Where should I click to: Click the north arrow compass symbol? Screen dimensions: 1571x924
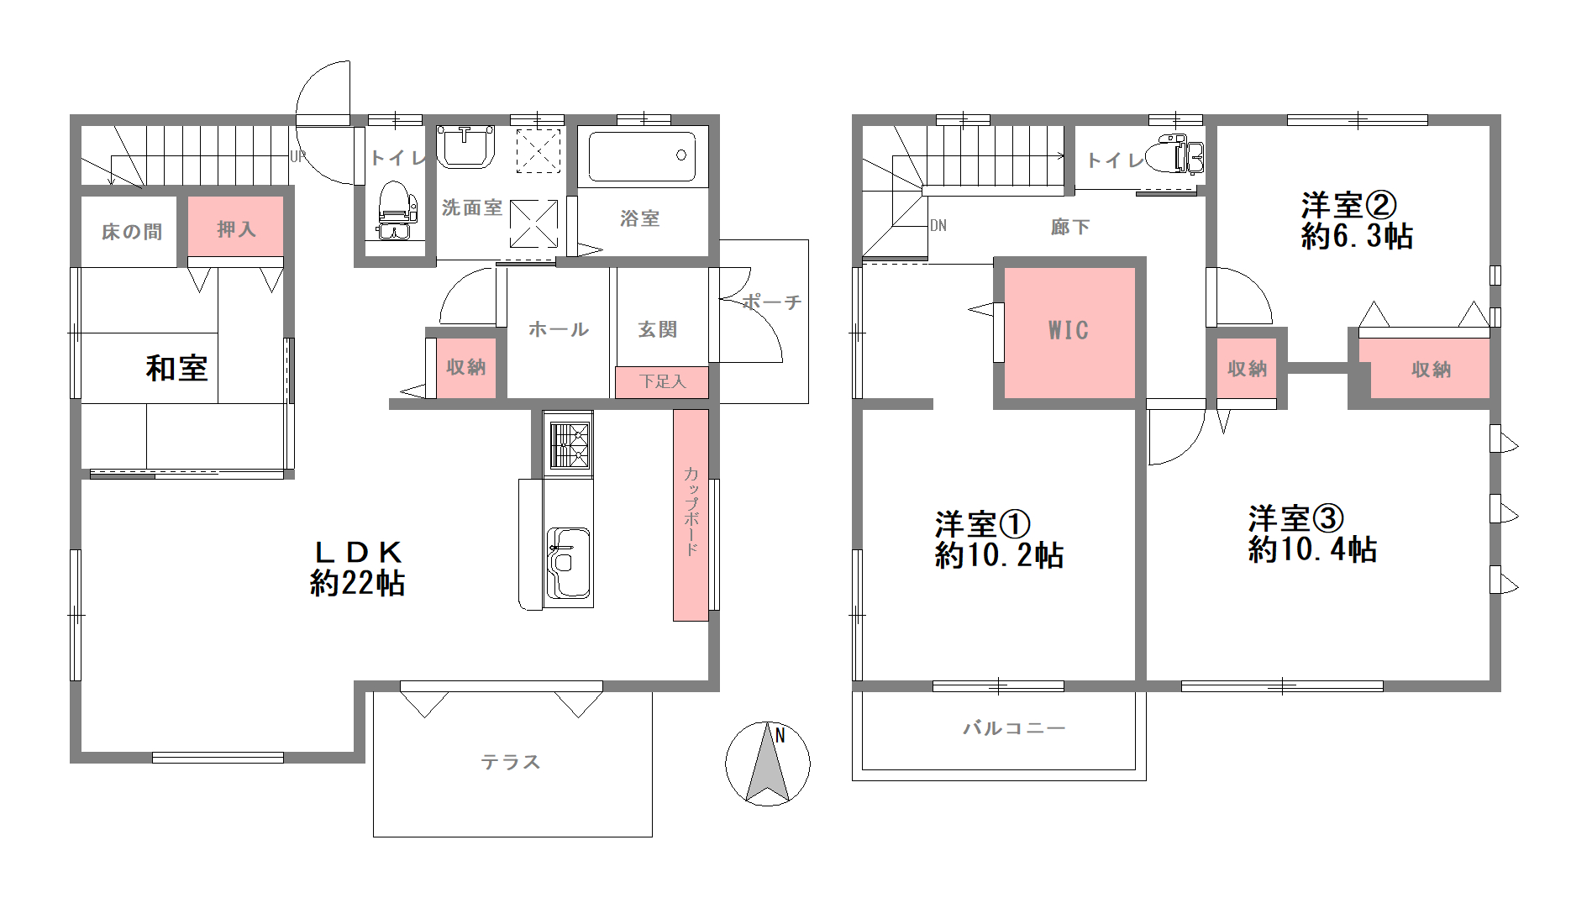pyautogui.click(x=768, y=764)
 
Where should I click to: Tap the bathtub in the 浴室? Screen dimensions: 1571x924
pyautogui.click(x=643, y=156)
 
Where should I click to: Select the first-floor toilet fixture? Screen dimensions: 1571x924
pyautogui.click(x=397, y=210)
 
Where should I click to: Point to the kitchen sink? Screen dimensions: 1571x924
pyautogui.click(x=569, y=563)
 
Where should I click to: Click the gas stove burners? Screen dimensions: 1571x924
pyautogui.click(x=570, y=444)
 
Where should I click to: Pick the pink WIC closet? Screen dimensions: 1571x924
pyautogui.click(x=1069, y=333)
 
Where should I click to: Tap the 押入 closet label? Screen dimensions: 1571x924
pyautogui.click(x=236, y=229)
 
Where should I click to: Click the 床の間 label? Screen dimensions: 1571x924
pyautogui.click(x=132, y=232)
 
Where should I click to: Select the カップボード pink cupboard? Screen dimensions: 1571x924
pyautogui.click(x=691, y=515)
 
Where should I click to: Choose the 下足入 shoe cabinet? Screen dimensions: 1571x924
pyautogui.click(x=662, y=382)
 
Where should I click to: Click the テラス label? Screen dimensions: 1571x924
pyautogui.click(x=511, y=762)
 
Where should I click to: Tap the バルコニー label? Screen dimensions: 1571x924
pyautogui.click(x=1014, y=728)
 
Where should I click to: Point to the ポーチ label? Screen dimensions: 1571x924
pyautogui.click(x=772, y=302)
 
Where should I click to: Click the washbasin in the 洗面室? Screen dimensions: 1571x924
pyautogui.click(x=465, y=146)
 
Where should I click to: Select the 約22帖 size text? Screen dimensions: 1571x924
pyautogui.click(x=358, y=583)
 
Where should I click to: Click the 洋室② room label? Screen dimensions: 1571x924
pyautogui.click(x=1348, y=205)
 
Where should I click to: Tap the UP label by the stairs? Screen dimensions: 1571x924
pyautogui.click(x=297, y=156)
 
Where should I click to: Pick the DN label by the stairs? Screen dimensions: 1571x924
pyautogui.click(x=938, y=225)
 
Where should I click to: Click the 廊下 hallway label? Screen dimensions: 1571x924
pyautogui.click(x=1070, y=227)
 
